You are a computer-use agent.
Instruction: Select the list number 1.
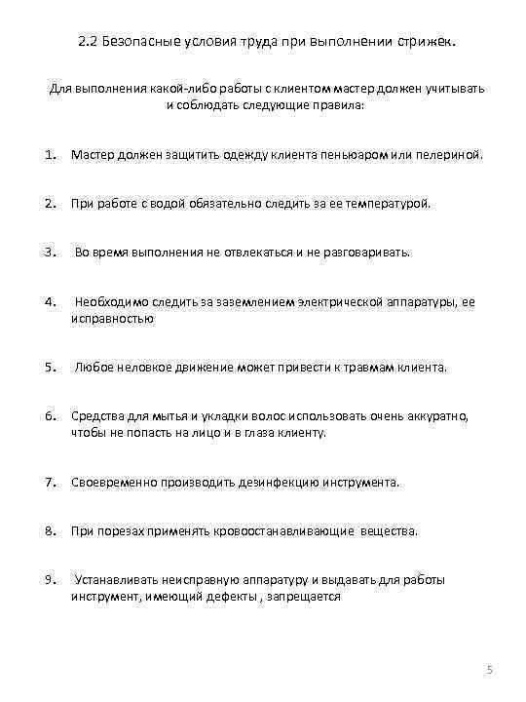pos(49,155)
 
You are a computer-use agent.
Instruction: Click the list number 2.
pos(49,204)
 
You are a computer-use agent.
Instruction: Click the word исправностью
pos(112,318)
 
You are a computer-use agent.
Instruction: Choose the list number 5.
pos(49,368)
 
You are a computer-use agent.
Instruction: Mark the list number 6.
pos(49,416)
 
